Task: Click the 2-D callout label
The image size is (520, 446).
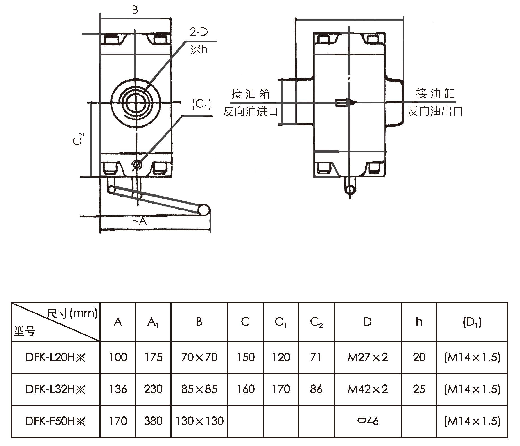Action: pyautogui.click(x=199, y=32)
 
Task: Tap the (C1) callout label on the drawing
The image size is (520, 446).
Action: pyautogui.click(x=201, y=104)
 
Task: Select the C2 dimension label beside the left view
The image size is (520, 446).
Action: pyautogui.click(x=78, y=139)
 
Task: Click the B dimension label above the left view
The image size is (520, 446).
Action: pyautogui.click(x=135, y=10)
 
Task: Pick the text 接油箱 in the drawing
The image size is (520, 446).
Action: pyautogui.click(x=251, y=94)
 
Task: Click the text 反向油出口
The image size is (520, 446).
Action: pyautogui.click(x=435, y=111)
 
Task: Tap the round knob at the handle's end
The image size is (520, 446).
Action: pyautogui.click(x=204, y=210)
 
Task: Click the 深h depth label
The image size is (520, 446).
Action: pyautogui.click(x=199, y=50)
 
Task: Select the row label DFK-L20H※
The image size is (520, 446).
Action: pyautogui.click(x=55, y=357)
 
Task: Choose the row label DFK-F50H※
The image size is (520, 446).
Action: pyautogui.click(x=55, y=421)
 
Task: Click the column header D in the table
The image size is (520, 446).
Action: pyautogui.click(x=368, y=322)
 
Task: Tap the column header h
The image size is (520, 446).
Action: pyautogui.click(x=419, y=322)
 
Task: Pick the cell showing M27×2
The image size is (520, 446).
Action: pyautogui.click(x=368, y=357)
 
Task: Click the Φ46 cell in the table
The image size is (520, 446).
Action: pyautogui.click(x=368, y=421)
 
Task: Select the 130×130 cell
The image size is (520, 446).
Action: pyautogui.click(x=199, y=421)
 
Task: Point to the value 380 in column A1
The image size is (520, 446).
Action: pyautogui.click(x=153, y=421)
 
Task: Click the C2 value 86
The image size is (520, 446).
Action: pyautogui.click(x=316, y=389)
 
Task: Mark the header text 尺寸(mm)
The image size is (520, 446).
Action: pyautogui.click(x=72, y=313)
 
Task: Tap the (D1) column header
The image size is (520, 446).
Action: pyautogui.click(x=472, y=322)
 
